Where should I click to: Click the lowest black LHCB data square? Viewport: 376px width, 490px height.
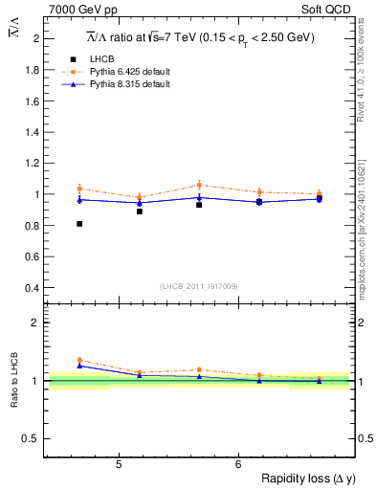click(x=79, y=224)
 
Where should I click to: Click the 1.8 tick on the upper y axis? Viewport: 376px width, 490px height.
click(x=32, y=70)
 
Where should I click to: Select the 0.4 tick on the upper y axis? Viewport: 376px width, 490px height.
click(x=32, y=287)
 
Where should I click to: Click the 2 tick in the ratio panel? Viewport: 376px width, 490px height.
click(x=36, y=323)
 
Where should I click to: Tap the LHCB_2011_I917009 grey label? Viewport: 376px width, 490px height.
click(x=199, y=285)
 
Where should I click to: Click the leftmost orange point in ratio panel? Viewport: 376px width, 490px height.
click(x=79, y=360)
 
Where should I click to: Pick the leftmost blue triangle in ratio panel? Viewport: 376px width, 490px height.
click(x=79, y=366)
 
